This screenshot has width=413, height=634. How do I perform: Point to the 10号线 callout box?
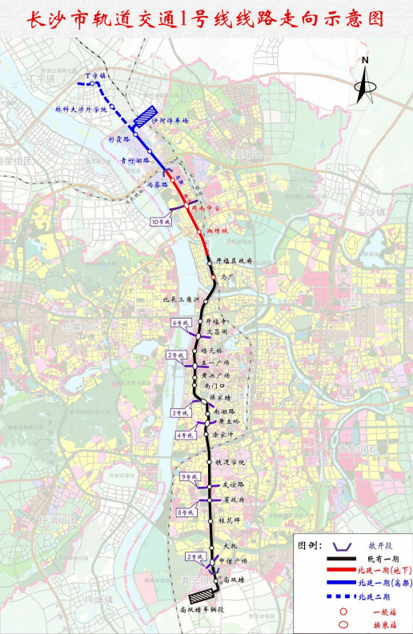(161, 220)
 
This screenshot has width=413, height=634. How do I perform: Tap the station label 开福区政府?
(235, 261)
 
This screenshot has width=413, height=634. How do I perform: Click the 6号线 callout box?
(178, 323)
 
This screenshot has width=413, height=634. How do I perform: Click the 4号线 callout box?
(184, 436)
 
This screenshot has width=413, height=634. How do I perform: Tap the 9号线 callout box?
(188, 477)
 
